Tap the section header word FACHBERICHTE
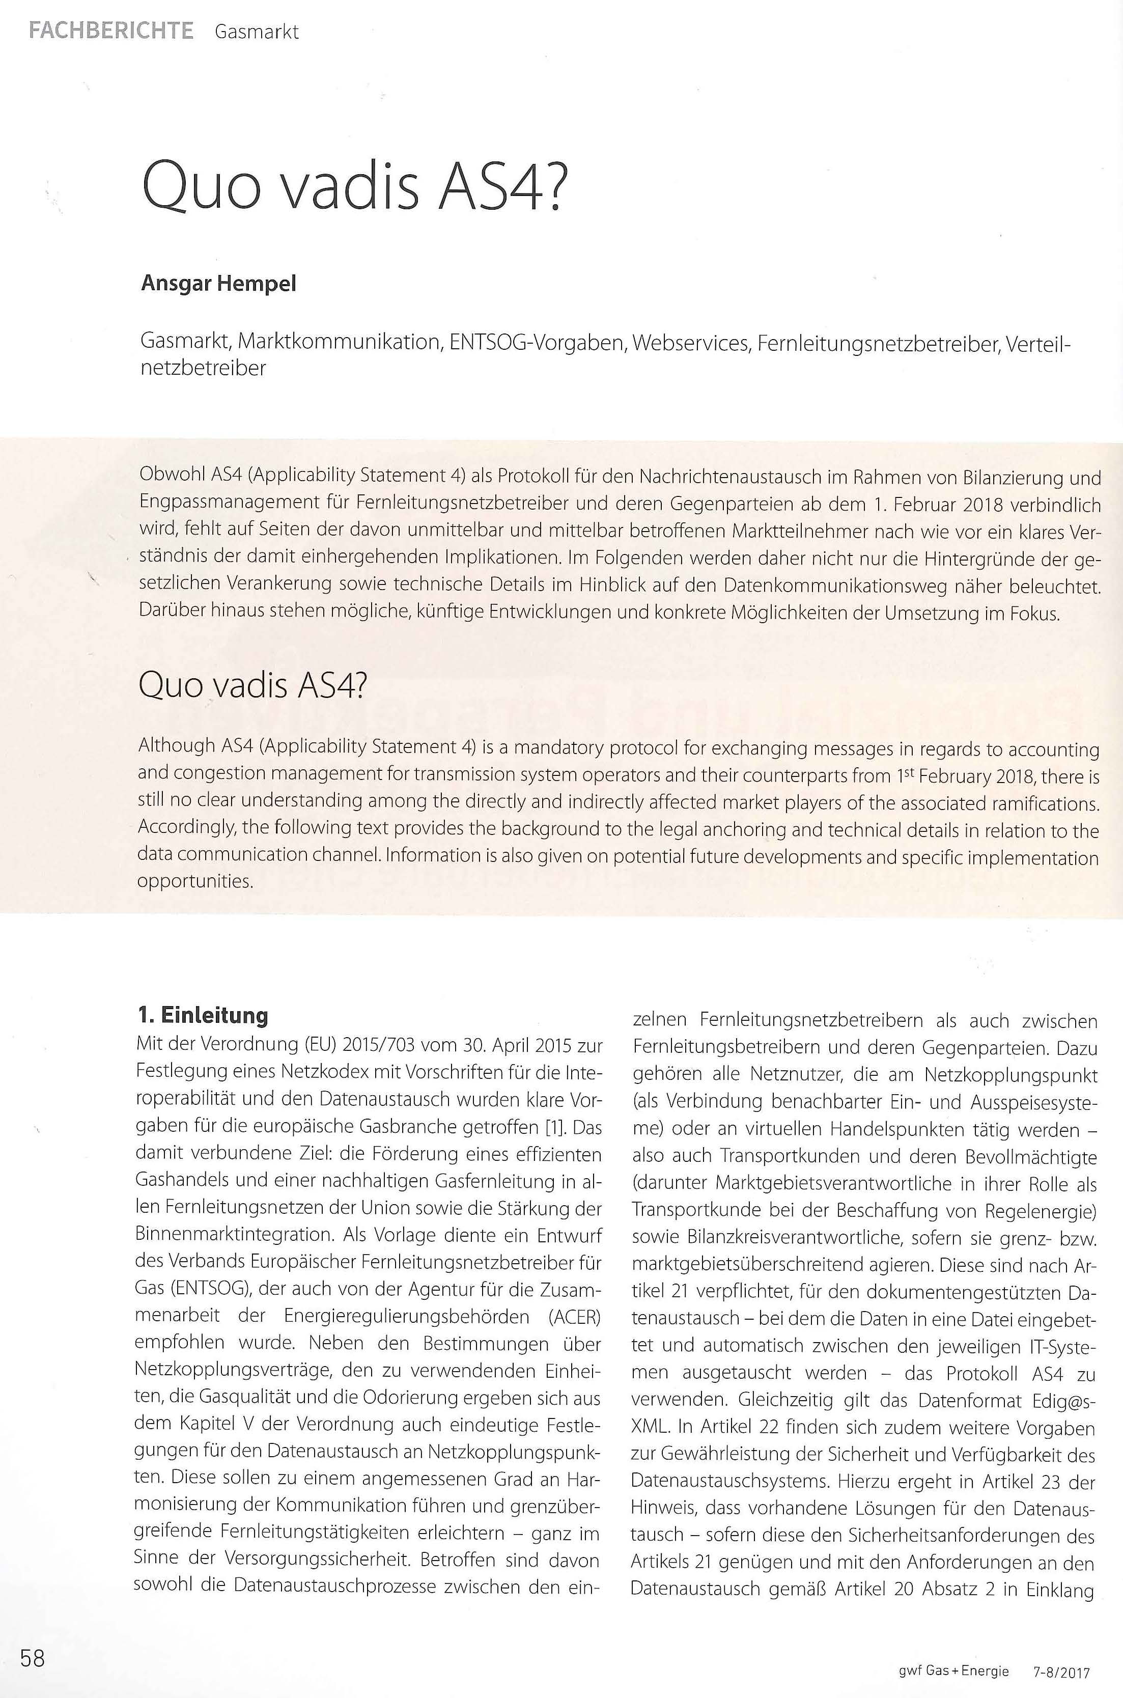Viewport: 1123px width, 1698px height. coord(111,31)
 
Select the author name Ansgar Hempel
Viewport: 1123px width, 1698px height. coord(218,284)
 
